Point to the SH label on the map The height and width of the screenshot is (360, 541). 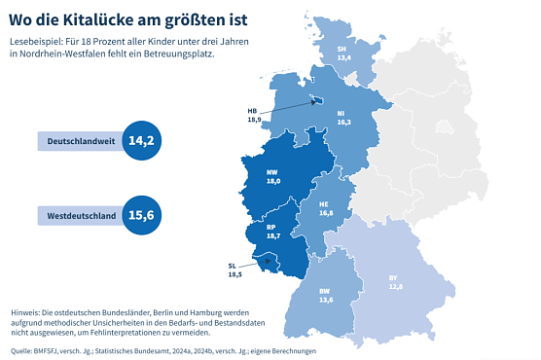point(343,49)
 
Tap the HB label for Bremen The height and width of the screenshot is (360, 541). point(254,111)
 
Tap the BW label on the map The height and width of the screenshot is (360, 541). point(325,291)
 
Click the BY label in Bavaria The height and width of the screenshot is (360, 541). point(393,278)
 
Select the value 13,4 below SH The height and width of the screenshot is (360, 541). point(343,57)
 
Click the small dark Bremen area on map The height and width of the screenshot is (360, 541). point(317,99)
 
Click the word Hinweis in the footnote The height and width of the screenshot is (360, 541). point(27,299)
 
